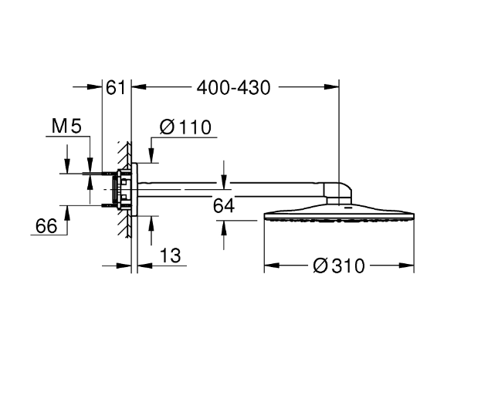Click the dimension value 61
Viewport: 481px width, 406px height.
(x=116, y=88)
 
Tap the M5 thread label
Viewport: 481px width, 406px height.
(x=66, y=127)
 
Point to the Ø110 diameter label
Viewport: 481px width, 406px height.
(x=185, y=127)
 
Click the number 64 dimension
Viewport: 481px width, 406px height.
(x=223, y=205)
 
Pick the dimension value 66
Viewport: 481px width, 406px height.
(x=47, y=225)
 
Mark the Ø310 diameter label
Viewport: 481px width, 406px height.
(x=338, y=266)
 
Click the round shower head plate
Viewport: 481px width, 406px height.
(x=340, y=215)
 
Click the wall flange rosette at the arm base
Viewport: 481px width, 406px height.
(x=135, y=189)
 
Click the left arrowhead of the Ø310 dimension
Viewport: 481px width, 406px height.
(x=269, y=266)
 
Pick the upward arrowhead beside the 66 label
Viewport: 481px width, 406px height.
(x=66, y=210)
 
